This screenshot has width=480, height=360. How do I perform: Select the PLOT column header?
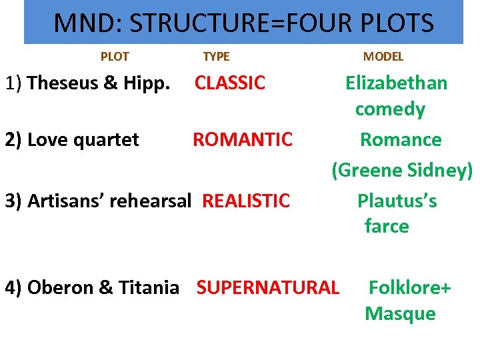(114, 57)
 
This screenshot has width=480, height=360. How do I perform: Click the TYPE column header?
(216, 57)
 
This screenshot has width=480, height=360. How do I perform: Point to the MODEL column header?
(383, 57)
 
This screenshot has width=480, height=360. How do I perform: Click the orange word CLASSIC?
(230, 83)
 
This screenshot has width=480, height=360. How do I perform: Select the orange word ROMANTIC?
(243, 139)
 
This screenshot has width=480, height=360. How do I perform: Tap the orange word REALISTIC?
(246, 200)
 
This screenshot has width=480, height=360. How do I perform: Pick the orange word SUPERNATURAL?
(268, 287)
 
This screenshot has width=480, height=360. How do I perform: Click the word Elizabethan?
(396, 83)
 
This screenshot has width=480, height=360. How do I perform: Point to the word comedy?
(390, 109)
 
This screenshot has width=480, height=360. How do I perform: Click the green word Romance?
(401, 139)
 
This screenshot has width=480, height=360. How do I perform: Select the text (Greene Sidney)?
(402, 170)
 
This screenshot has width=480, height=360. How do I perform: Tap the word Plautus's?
(397, 200)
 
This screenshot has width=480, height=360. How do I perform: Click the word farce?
(387, 226)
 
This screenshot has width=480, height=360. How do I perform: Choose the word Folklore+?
(410, 287)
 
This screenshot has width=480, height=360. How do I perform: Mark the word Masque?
(400, 313)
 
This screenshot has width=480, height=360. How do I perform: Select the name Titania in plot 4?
(148, 287)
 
